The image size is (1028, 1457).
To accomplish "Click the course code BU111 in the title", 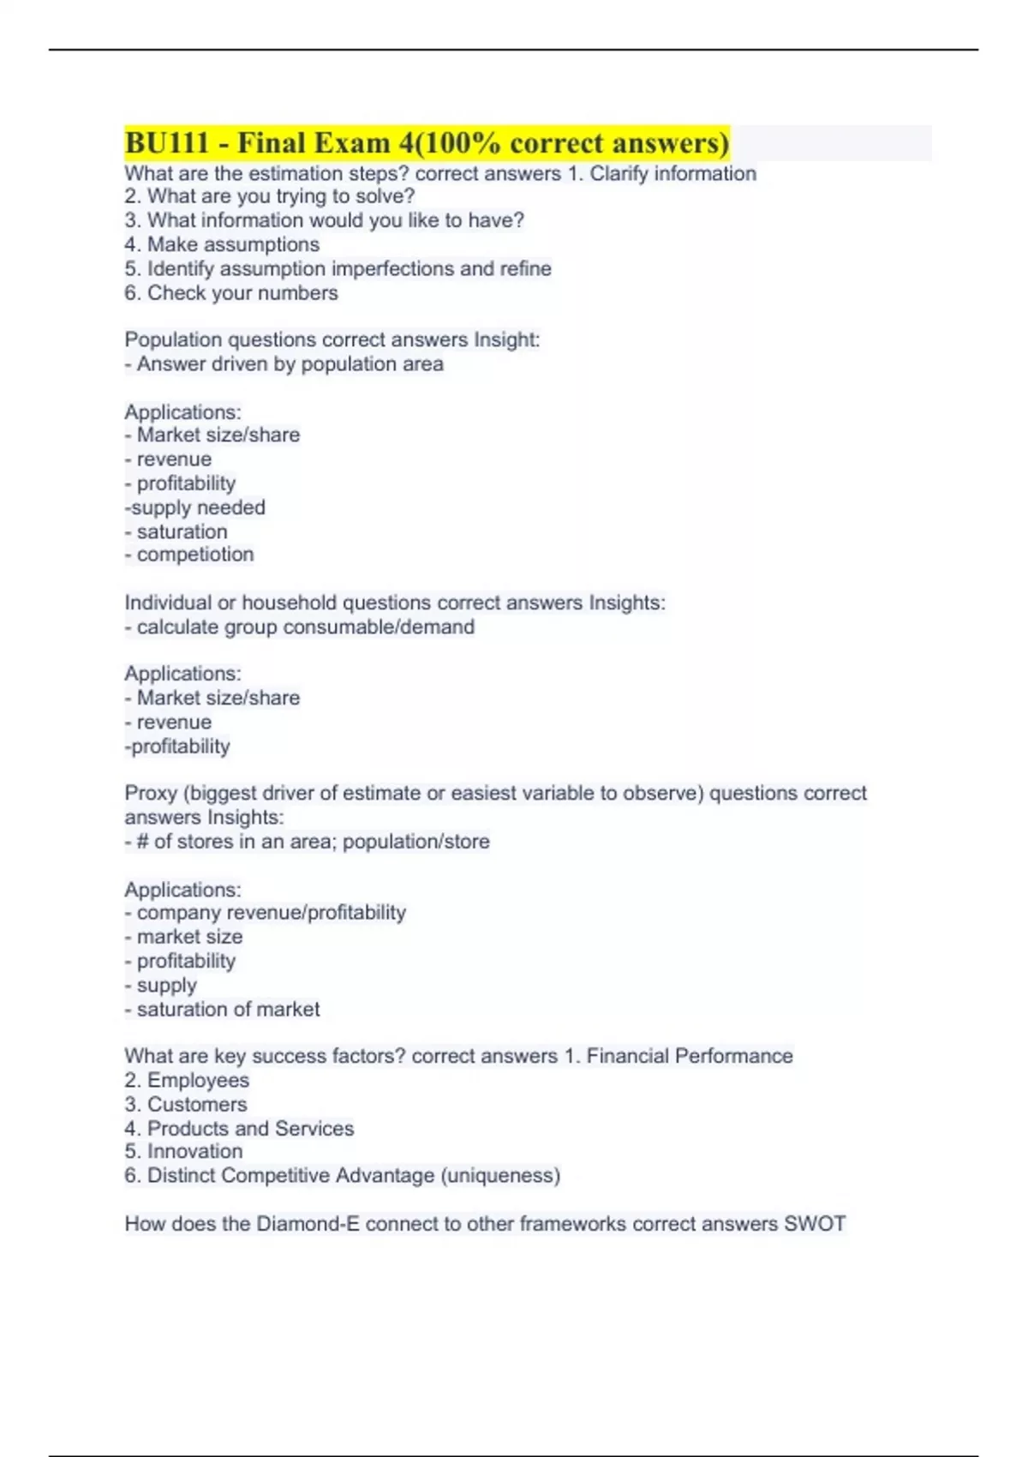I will tap(167, 142).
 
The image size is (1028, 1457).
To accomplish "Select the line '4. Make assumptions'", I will tap(222, 245).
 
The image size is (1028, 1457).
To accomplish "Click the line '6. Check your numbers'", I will tap(231, 293).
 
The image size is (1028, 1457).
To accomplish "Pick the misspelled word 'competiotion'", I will tap(195, 555).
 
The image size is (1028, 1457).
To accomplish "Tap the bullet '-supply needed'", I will tap(195, 507).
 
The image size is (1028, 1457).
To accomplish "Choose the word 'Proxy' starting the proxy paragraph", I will tap(151, 794).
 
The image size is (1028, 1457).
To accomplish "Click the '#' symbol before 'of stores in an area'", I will tap(142, 842).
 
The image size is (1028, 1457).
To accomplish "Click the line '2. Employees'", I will tap(187, 1081).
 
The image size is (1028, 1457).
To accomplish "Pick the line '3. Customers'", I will tap(186, 1105).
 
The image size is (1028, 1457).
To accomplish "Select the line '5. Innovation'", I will tap(183, 1152).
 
